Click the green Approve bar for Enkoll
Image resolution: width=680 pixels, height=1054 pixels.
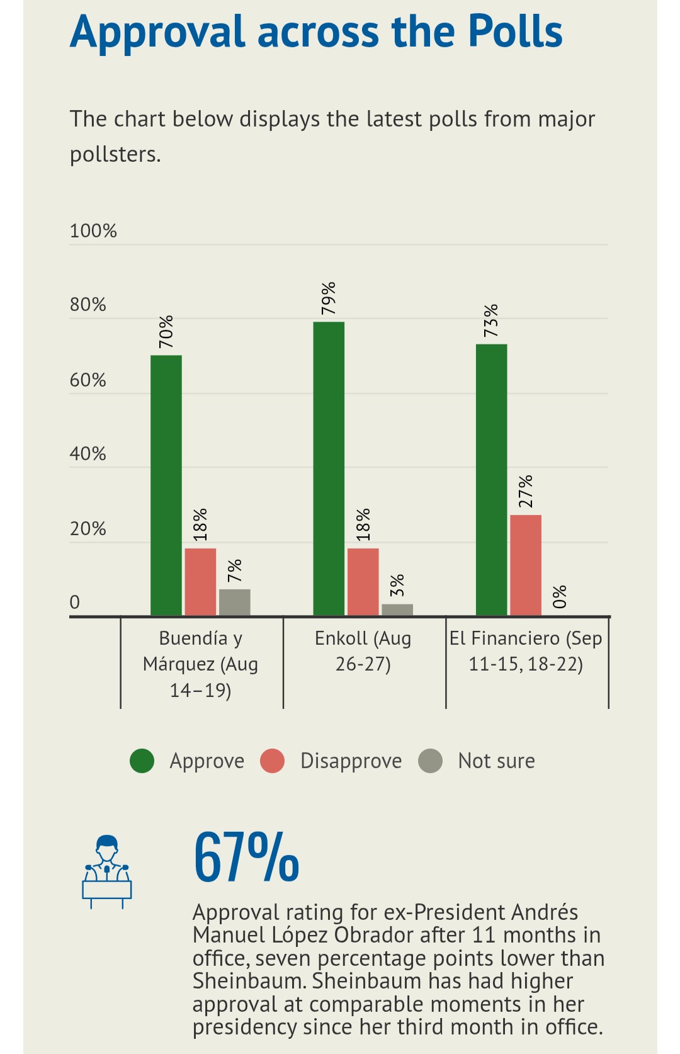(x=329, y=468)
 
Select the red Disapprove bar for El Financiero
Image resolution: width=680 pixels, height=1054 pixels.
(x=525, y=565)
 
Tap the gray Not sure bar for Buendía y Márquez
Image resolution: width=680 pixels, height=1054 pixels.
(x=234, y=602)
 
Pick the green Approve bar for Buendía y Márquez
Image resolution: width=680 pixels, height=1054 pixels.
(x=166, y=485)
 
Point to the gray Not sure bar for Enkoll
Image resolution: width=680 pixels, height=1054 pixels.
(x=397, y=609)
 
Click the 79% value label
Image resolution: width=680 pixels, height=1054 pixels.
(x=329, y=298)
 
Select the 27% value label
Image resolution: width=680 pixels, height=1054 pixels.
(x=526, y=491)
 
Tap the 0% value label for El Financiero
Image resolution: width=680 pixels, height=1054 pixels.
(x=560, y=596)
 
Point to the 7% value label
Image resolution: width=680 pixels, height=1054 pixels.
(x=234, y=570)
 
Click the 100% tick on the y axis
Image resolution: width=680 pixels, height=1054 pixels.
(x=93, y=231)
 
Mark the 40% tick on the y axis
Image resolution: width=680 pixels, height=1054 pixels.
(x=88, y=454)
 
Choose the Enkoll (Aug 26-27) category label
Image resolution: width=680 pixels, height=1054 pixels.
(x=363, y=651)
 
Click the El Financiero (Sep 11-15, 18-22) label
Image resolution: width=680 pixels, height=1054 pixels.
(x=526, y=651)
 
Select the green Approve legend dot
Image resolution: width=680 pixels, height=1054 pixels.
(x=142, y=761)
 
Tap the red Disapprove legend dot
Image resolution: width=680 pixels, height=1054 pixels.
(x=273, y=761)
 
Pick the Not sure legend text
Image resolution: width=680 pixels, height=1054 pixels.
(x=496, y=761)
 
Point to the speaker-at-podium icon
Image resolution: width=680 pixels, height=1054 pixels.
(x=106, y=871)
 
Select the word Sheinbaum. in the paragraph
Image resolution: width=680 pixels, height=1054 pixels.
(x=249, y=981)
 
